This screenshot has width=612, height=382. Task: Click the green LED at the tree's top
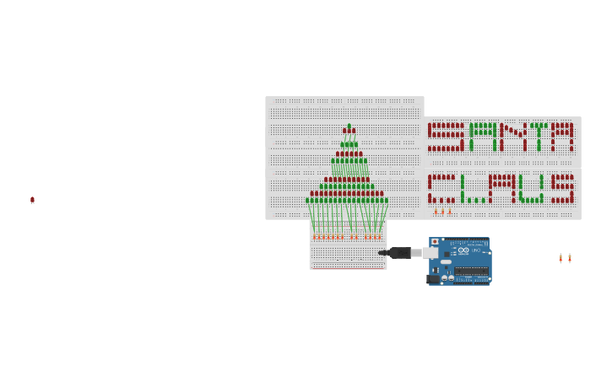[x=349, y=127]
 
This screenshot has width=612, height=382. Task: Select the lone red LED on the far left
[x=32, y=200]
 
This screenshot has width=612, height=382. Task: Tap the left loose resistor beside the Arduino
[x=560, y=258]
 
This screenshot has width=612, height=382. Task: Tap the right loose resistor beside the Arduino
[x=570, y=258]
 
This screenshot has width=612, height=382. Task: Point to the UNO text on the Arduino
[x=475, y=250]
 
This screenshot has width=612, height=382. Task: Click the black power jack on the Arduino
[x=434, y=278]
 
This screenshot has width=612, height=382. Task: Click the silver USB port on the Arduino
[x=431, y=252]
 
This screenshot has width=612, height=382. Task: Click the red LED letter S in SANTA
[x=445, y=137]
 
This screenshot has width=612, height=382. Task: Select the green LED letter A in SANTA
[x=483, y=137]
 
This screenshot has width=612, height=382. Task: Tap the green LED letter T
[x=539, y=137]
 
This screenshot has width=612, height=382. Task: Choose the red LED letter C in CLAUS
[x=441, y=190]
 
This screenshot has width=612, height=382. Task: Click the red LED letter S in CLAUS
[x=562, y=190]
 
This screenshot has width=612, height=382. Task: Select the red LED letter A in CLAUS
[x=502, y=190]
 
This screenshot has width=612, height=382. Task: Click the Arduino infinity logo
[x=463, y=250]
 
